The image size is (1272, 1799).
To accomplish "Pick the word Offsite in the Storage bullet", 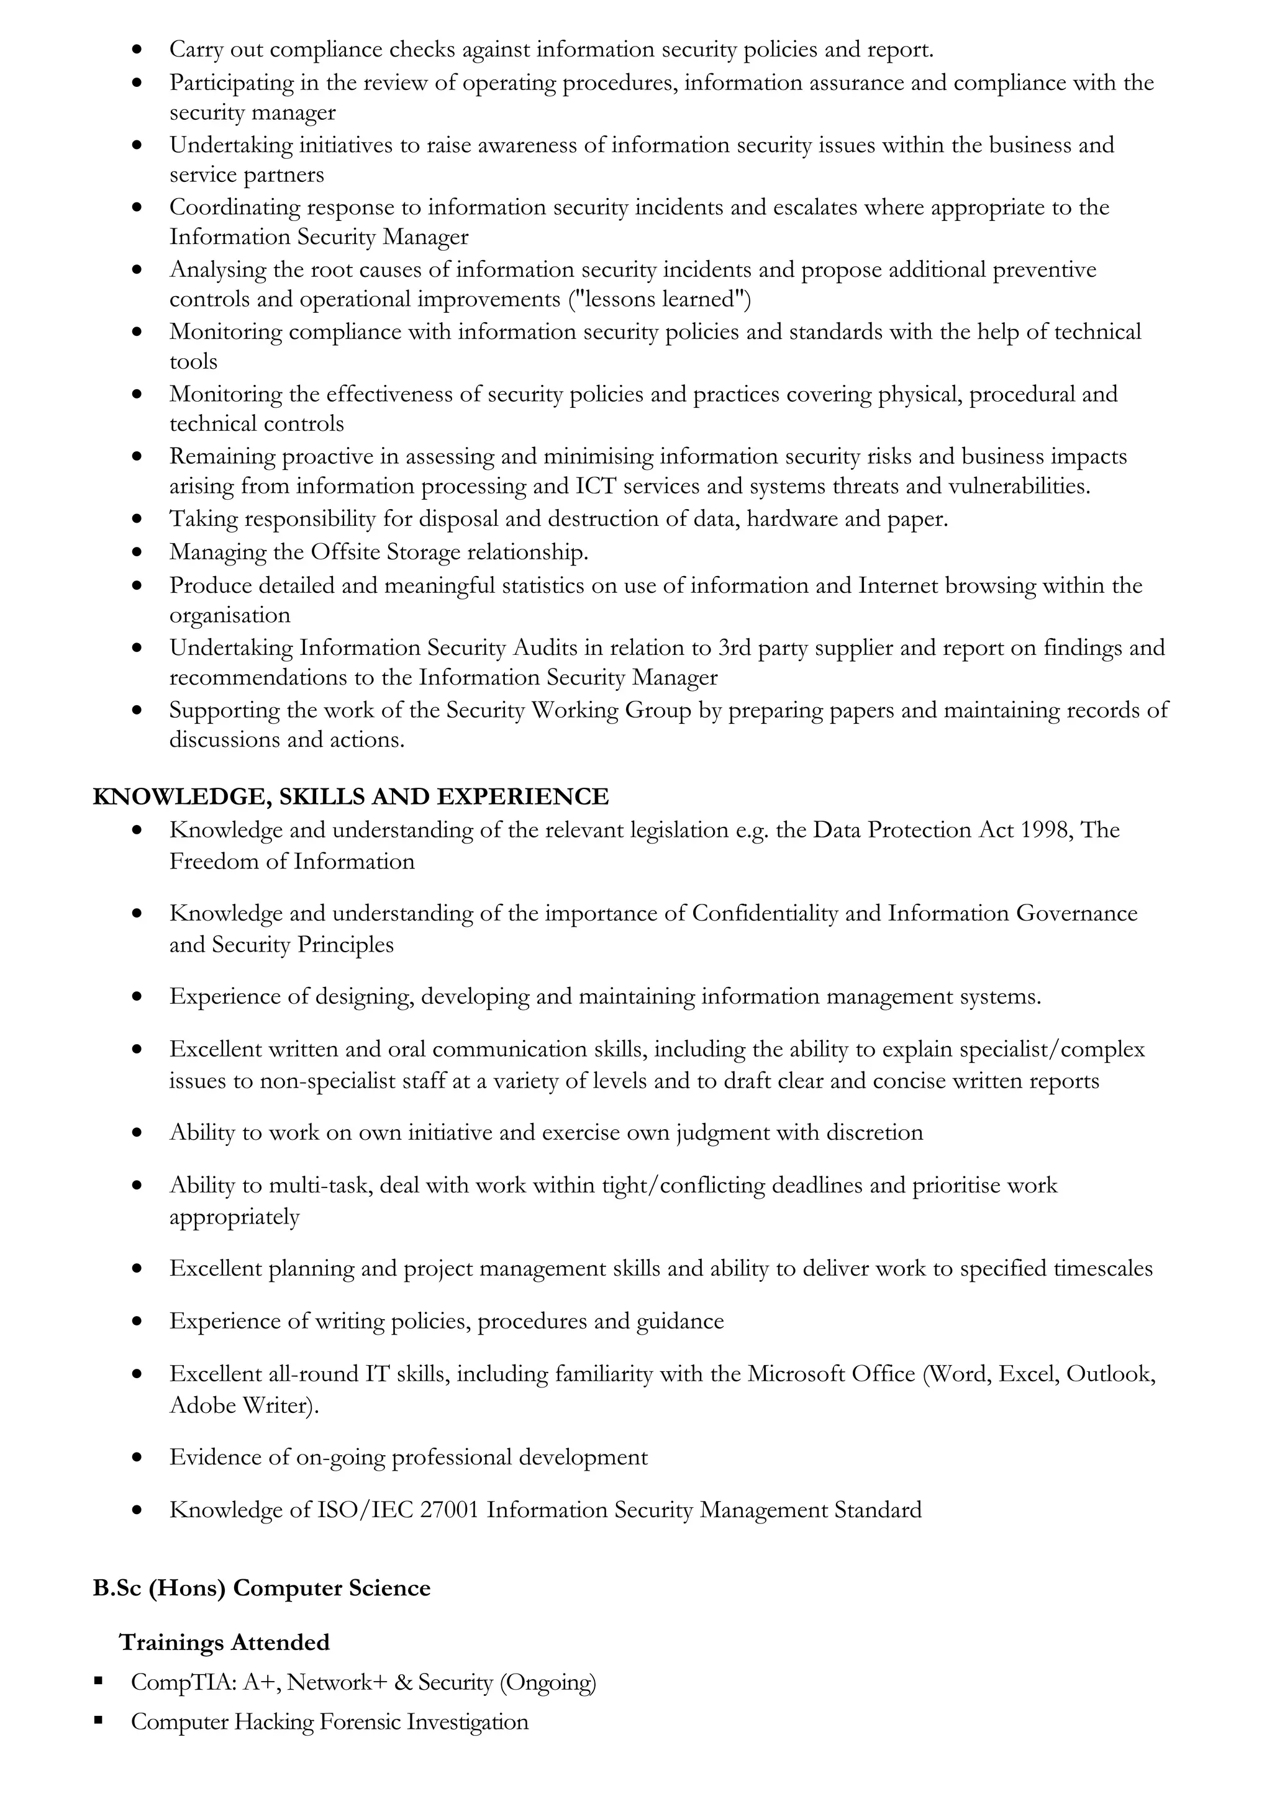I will (x=345, y=552).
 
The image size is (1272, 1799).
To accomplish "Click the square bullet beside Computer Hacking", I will (x=99, y=1721).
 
